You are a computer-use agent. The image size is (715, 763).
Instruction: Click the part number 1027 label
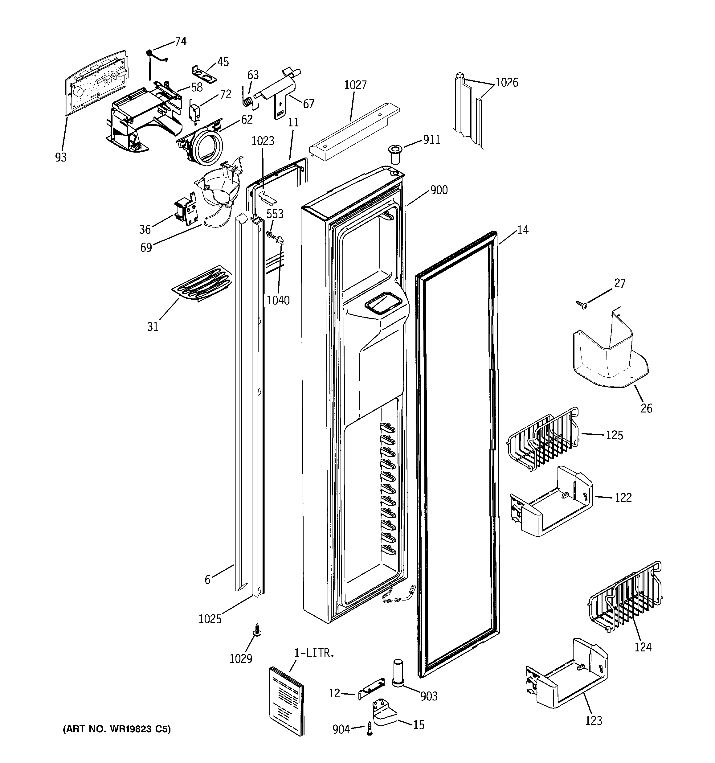(x=355, y=85)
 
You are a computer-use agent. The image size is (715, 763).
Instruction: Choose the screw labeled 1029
(x=256, y=630)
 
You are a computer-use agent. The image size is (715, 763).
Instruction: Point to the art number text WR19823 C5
(x=117, y=729)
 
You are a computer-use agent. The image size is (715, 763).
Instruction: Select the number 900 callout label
(x=439, y=190)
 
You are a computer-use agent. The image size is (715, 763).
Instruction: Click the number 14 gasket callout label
(x=523, y=230)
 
